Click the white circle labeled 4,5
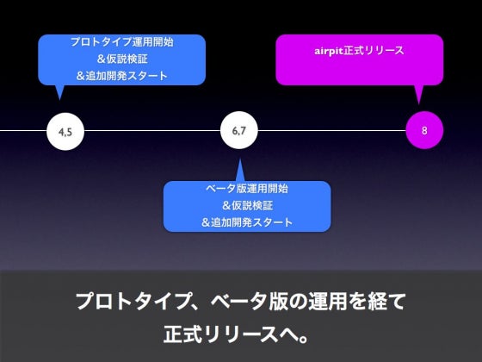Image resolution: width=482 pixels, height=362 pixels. pyautogui.click(x=65, y=131)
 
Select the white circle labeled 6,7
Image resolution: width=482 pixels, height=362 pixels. pyautogui.click(x=239, y=130)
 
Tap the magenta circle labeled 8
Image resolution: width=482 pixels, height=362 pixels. pyautogui.click(x=424, y=130)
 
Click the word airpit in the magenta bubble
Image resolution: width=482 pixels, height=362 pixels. pyautogui.click(x=328, y=51)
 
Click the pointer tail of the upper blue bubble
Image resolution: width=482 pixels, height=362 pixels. pyautogui.click(x=59, y=91)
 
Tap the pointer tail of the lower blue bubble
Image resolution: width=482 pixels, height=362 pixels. pyautogui.click(x=240, y=171)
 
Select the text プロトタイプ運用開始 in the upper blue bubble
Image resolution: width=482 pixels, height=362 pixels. pyautogui.click(x=122, y=41)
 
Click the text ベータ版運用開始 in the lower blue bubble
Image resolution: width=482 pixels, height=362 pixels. pyautogui.click(x=247, y=188)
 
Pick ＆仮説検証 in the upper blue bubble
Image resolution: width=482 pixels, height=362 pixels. pyautogui.click(x=122, y=59)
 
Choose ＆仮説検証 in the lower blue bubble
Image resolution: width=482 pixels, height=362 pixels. pyautogui.click(x=247, y=205)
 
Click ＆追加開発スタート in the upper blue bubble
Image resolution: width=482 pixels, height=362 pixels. pyautogui.click(x=122, y=76)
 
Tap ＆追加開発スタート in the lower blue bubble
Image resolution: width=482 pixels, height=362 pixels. pyautogui.click(x=247, y=222)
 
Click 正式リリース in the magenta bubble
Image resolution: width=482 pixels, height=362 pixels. pyautogui.click(x=374, y=51)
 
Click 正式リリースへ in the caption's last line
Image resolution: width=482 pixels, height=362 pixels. pyautogui.click(x=231, y=334)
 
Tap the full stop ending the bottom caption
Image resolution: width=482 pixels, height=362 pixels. pyautogui.click(x=303, y=339)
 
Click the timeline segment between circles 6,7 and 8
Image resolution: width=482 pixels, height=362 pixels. pyautogui.click(x=332, y=130)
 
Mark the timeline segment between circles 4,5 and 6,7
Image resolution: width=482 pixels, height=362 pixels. pyautogui.click(x=152, y=130)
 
